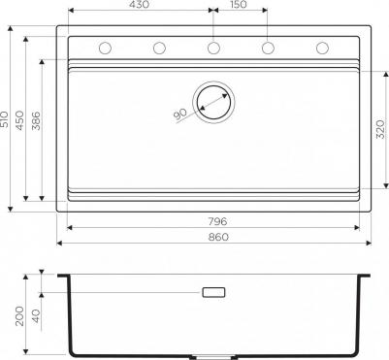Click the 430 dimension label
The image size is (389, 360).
point(141,5)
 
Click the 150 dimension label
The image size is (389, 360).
point(239,5)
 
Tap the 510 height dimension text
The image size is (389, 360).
point(4,119)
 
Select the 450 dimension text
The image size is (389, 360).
point(19,120)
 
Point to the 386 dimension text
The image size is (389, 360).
point(36,120)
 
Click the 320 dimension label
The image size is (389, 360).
point(381,129)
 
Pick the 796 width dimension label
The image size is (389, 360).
point(217,221)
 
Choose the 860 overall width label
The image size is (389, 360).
point(218,238)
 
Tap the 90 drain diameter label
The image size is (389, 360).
point(179,115)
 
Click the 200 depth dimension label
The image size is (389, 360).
point(19,316)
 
